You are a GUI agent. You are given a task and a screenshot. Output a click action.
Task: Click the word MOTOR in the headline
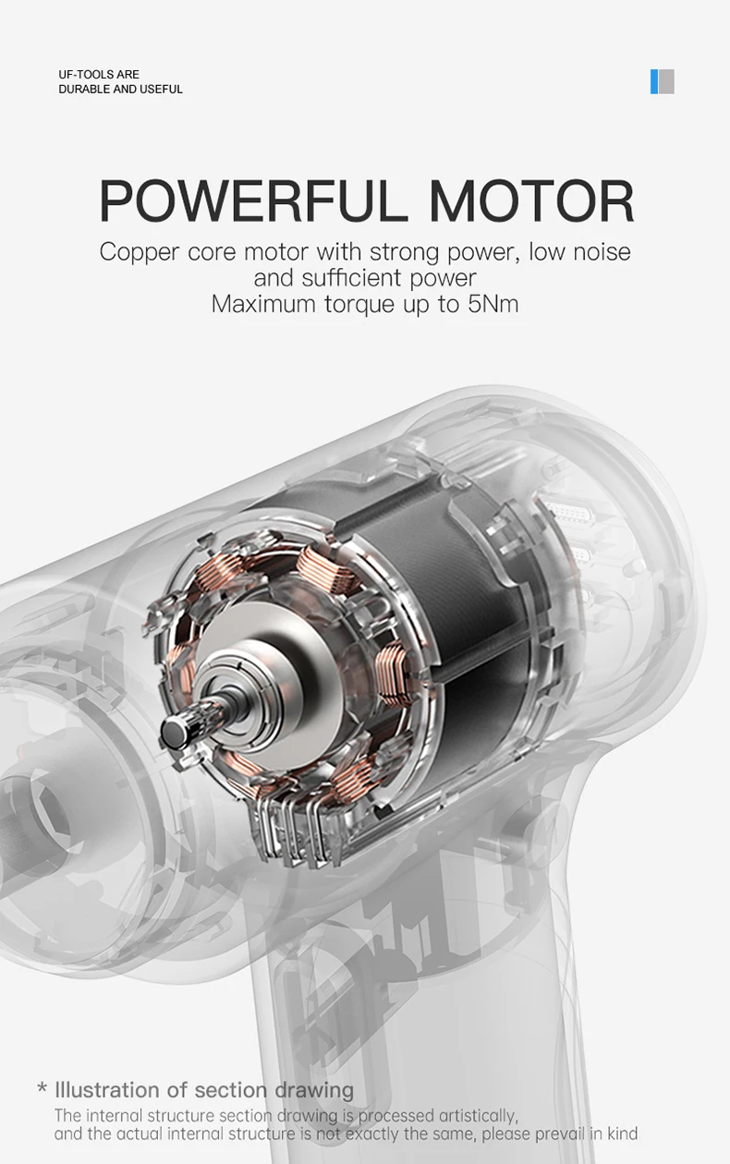pos(531,200)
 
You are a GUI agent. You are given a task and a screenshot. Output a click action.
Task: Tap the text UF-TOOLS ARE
pos(99,74)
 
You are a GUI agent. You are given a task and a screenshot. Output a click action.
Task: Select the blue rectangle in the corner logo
pos(654,81)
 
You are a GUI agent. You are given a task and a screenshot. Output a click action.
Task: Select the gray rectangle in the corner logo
pos(666,81)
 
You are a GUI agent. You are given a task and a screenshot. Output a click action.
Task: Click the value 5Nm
pos(493,304)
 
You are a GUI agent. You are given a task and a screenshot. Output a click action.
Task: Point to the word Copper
pos(140,253)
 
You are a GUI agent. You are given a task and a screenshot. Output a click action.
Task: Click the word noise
pos(602,252)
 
